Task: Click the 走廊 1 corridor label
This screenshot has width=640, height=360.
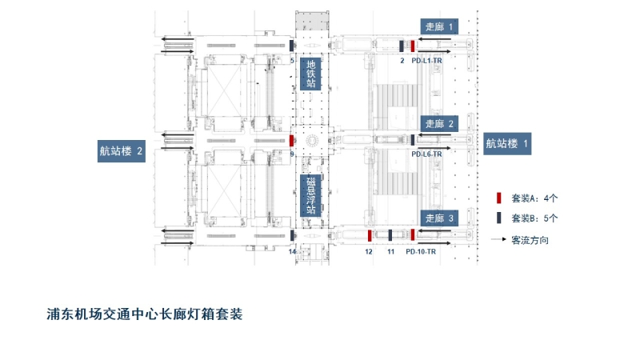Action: click(x=439, y=26)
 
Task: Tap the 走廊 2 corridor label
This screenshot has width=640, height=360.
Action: click(x=439, y=124)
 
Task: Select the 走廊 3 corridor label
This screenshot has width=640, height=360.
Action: click(x=439, y=218)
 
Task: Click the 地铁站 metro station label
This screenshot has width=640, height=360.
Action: click(x=311, y=74)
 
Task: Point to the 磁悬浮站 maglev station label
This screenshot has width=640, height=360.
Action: click(x=311, y=195)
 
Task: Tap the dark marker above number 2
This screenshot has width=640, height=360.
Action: click(x=402, y=46)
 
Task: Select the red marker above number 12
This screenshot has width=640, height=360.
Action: click(x=369, y=235)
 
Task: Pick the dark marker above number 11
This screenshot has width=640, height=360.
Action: click(x=390, y=235)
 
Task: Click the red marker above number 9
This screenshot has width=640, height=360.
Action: click(x=291, y=140)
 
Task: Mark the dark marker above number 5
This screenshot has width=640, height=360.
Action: click(x=291, y=46)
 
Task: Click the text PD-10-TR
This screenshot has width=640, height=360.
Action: click(x=420, y=251)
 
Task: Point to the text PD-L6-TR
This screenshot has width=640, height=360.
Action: click(x=426, y=154)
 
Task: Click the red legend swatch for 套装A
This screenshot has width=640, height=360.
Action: click(x=498, y=198)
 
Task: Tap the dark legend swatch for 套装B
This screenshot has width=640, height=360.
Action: click(x=498, y=218)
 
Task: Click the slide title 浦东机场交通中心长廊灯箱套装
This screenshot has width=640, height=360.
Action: click(x=145, y=314)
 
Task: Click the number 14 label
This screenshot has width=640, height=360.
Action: click(x=292, y=251)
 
